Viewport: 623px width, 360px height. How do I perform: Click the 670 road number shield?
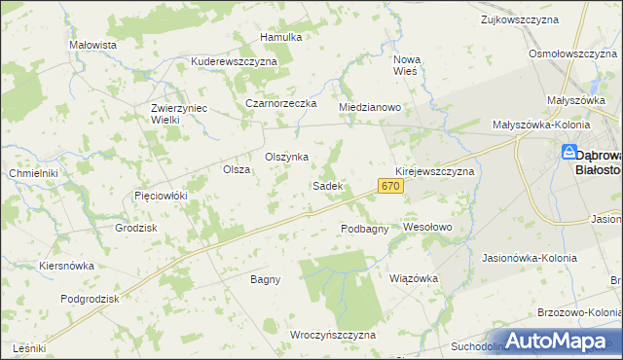coord(390,186)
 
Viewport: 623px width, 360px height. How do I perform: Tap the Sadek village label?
coord(326,185)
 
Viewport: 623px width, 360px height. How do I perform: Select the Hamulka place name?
coord(281,37)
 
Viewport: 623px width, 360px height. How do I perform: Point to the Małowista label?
coord(93,45)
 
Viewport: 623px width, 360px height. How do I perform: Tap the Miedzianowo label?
coord(370,107)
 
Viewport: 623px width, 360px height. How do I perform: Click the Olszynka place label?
coord(287,157)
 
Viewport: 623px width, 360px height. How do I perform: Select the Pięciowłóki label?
coord(160,196)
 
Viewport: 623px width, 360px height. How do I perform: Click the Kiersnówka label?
coord(66,265)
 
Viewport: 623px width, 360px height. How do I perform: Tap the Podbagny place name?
coord(365,229)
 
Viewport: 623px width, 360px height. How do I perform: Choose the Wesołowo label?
coord(428,227)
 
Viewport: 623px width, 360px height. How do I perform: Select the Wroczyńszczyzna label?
coord(333,335)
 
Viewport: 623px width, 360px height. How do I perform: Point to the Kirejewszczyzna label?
coord(434,171)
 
